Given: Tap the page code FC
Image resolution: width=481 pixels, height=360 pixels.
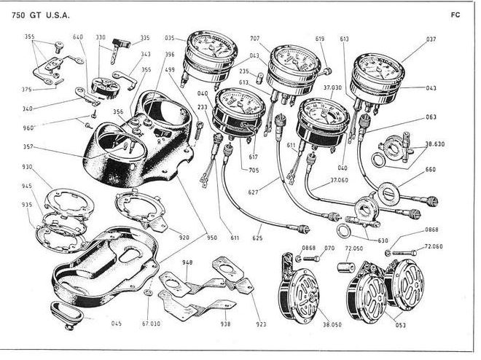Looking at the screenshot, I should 455,15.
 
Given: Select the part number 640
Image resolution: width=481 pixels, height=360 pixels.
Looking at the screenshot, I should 78,36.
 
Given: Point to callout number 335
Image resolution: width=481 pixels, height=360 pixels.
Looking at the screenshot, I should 145,37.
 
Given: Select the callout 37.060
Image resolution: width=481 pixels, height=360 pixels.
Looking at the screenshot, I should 339,180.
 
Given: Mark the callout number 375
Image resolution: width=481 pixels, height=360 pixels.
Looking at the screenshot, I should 27,90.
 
